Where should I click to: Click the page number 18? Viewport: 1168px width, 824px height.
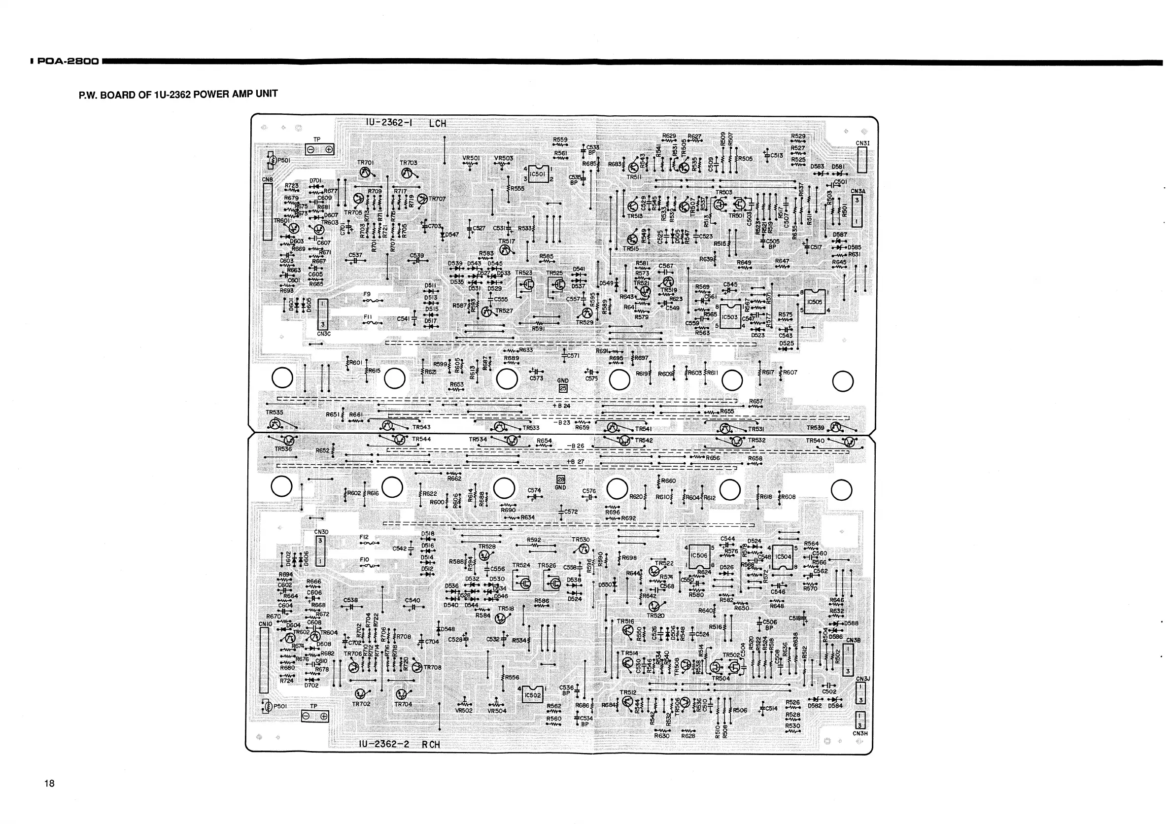click(49, 783)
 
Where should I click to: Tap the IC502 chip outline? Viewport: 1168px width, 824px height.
click(532, 695)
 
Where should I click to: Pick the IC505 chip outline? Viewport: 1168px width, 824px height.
click(815, 302)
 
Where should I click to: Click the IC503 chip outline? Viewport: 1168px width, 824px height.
click(730, 317)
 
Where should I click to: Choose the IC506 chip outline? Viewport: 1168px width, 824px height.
click(699, 555)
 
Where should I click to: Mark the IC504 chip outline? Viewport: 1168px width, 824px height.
click(784, 557)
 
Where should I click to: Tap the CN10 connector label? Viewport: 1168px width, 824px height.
click(266, 623)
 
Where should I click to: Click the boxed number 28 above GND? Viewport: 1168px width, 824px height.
click(561, 479)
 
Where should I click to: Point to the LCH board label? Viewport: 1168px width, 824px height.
click(437, 124)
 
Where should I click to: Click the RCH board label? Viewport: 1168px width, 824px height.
click(430, 745)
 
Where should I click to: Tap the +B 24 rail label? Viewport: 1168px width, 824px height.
click(562, 406)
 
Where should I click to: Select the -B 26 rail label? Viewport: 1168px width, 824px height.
click(575, 446)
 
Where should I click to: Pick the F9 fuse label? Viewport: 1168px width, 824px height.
click(367, 294)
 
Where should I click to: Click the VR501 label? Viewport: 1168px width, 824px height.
click(471, 158)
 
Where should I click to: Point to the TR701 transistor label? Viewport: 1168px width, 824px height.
click(365, 163)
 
